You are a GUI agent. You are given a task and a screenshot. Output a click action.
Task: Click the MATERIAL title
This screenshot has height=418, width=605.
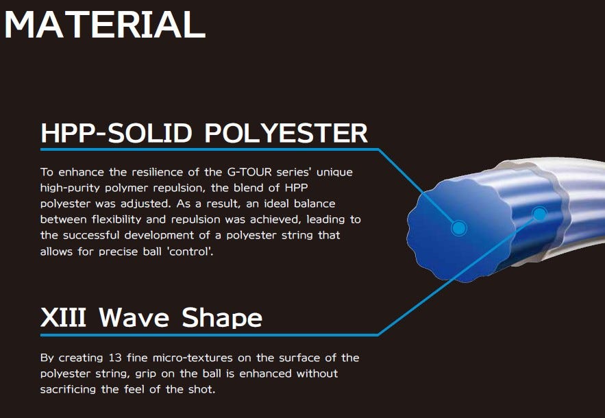click(x=105, y=24)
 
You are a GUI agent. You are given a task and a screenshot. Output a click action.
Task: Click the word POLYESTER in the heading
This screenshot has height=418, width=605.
click(x=286, y=133)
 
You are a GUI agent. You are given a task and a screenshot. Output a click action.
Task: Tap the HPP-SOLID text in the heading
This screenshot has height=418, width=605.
click(x=116, y=133)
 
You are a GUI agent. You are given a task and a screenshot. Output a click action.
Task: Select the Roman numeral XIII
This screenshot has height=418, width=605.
click(x=63, y=317)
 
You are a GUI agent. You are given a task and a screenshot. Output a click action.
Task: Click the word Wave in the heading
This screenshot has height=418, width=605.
click(x=134, y=317)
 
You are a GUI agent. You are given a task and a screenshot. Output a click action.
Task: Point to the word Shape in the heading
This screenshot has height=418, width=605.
click(x=222, y=318)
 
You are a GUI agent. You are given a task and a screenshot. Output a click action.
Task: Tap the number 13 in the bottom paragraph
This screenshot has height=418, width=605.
click(x=115, y=358)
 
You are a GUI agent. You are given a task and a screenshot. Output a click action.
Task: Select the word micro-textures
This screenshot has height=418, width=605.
click(x=193, y=358)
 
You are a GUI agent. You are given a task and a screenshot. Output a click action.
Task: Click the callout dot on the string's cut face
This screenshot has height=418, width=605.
click(x=459, y=228)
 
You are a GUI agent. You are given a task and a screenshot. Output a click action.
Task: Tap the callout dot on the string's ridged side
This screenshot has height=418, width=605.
click(x=539, y=214)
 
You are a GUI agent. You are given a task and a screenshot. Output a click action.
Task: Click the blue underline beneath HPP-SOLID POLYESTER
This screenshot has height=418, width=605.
click(x=210, y=149)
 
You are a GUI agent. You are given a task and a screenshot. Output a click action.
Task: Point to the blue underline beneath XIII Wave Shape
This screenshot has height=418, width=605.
click(x=210, y=334)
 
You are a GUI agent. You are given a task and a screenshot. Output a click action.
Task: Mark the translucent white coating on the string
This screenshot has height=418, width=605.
click(x=579, y=193)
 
